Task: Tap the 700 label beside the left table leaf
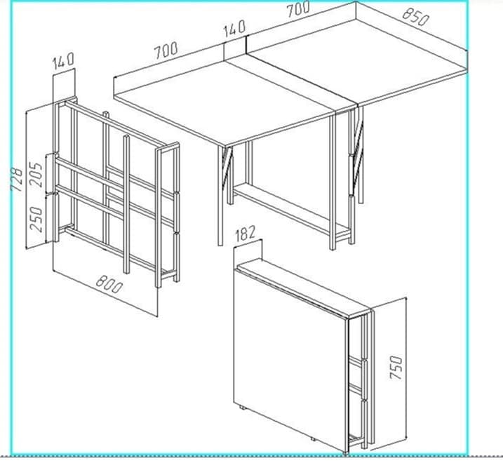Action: [x=166, y=51]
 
